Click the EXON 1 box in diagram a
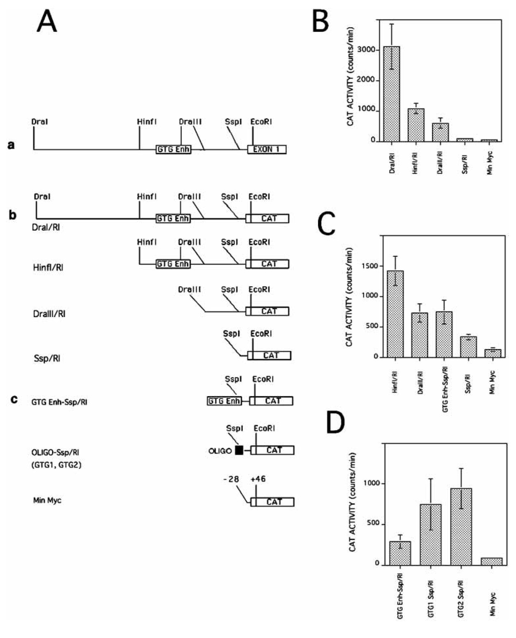(266, 149)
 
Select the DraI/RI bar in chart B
(392, 93)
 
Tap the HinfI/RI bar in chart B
(416, 125)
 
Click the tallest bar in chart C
(395, 314)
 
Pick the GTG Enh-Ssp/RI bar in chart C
(444, 334)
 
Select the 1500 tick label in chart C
(370, 266)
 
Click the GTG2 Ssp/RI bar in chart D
(461, 526)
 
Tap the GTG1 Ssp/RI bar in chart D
(431, 534)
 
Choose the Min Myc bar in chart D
(492, 561)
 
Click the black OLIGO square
(239, 450)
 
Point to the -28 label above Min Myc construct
(231, 479)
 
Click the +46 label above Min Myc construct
(258, 479)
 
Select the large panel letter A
(47, 21)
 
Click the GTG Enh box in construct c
(224, 401)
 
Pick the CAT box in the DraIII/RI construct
(269, 311)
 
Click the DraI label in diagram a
(39, 121)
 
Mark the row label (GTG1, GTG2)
(56, 465)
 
